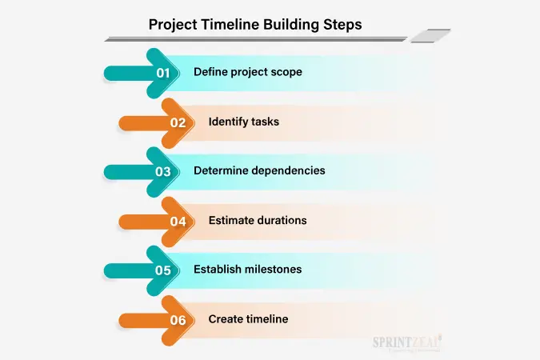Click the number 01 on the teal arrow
tap(163, 73)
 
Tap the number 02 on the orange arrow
tap(178, 122)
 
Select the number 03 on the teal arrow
tap(163, 171)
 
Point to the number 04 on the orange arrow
tap(178, 222)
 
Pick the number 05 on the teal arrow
tap(163, 270)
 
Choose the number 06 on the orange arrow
tap(178, 320)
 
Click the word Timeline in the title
tap(230, 25)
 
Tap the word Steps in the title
tap(342, 25)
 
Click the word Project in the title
tap(173, 25)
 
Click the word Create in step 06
tap(221, 319)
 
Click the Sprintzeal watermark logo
tap(406, 342)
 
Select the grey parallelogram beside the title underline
tap(431, 36)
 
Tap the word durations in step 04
tap(281, 220)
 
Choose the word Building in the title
tap(291, 25)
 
